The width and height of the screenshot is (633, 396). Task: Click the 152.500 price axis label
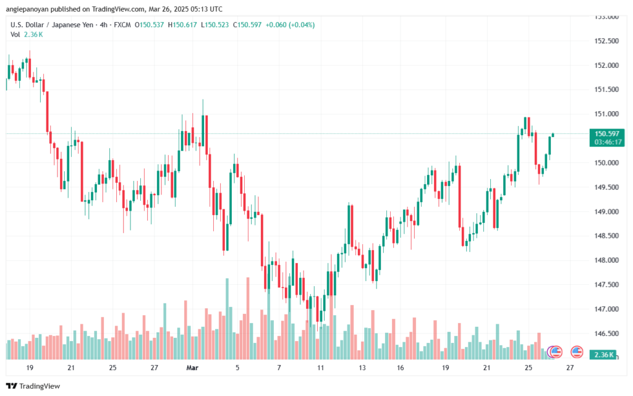(x=606, y=41)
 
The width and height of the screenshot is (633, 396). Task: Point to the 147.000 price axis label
(x=606, y=309)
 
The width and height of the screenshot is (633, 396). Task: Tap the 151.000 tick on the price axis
(x=606, y=114)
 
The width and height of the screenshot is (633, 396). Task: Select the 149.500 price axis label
(x=606, y=187)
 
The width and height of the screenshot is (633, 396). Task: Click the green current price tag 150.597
(x=607, y=133)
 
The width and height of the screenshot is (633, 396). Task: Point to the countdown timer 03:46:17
(x=607, y=142)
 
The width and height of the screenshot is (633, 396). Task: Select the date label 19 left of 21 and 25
(x=30, y=368)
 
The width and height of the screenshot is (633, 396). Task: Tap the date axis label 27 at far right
(x=569, y=368)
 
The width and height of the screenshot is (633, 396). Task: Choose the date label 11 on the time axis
(x=320, y=368)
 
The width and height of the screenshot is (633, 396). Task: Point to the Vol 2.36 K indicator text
(x=27, y=35)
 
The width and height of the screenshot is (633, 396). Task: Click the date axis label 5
(x=237, y=368)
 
